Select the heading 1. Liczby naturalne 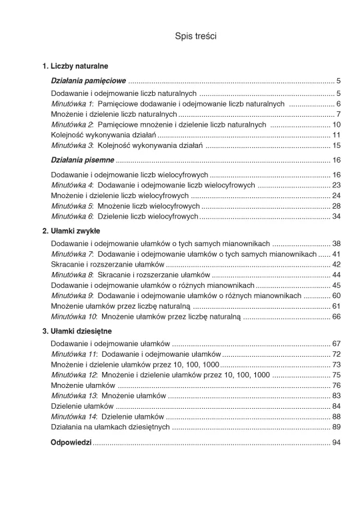point(75,67)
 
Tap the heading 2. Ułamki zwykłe point(71,231)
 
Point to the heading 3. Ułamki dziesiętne point(77,331)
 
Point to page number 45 point(336,285)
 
